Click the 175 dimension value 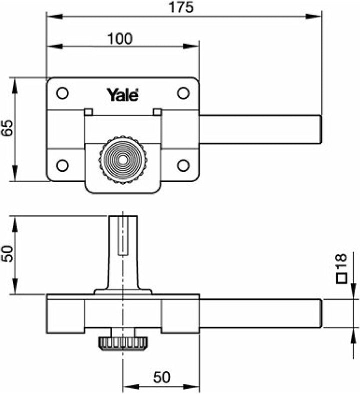point(181,8)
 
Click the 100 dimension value point(119,39)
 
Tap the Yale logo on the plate point(123,95)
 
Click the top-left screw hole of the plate point(62,93)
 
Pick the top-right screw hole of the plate point(183,93)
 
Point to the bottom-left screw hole point(62,165)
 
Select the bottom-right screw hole point(183,165)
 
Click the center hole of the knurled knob point(122,160)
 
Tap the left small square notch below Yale point(88,112)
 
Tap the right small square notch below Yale point(157,112)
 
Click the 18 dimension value point(341,261)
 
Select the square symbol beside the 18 point(341,278)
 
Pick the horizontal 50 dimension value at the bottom point(161,377)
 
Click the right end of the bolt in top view point(321,129)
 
